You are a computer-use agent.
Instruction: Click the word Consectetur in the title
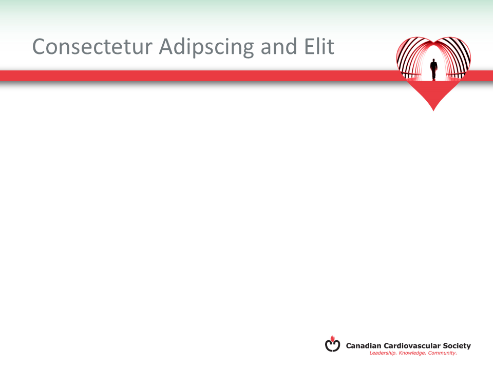tap(92, 47)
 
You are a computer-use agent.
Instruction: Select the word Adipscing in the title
tap(206, 47)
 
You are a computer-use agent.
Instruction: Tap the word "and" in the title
tap(279, 46)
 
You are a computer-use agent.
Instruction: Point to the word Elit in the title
tap(319, 46)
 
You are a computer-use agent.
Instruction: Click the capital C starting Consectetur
tap(40, 47)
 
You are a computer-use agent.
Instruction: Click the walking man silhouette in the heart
tap(434, 69)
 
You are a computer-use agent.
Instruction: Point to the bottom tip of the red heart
tap(433, 111)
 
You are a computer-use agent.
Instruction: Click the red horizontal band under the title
tap(199, 76)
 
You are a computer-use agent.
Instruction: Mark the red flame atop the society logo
tap(333, 339)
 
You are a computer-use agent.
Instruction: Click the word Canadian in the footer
tap(364, 346)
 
